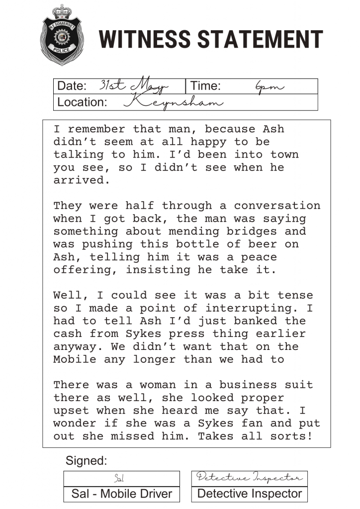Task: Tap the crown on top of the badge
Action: (x=61, y=11)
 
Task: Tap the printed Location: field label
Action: (x=82, y=102)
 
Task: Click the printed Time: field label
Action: (x=205, y=86)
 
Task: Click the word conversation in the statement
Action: (x=277, y=206)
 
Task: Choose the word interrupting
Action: (x=263, y=308)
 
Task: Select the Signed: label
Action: (x=86, y=461)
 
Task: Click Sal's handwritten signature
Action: (x=119, y=479)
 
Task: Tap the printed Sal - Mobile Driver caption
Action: (x=122, y=494)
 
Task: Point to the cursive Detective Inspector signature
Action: (x=249, y=478)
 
